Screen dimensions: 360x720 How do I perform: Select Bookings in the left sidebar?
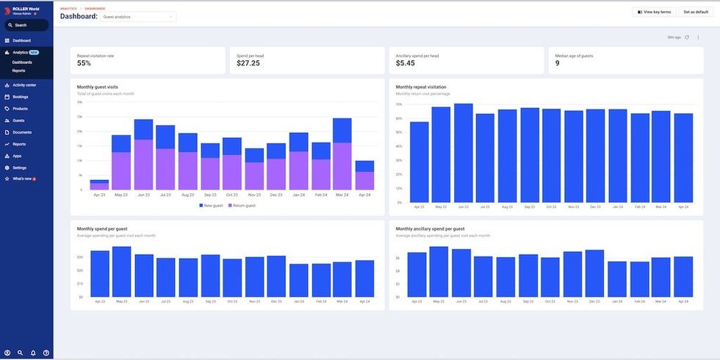click(20, 97)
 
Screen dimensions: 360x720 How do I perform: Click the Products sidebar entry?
click(20, 109)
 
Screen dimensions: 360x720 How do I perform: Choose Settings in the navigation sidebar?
click(19, 168)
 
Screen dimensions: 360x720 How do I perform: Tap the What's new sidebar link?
click(22, 179)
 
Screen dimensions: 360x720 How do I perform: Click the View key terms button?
click(654, 12)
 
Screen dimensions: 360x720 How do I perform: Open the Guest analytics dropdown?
click(138, 16)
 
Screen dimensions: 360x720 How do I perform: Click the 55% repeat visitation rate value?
click(84, 64)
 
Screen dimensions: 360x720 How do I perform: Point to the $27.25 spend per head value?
click(248, 64)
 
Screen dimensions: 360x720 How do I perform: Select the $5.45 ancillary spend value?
click(405, 64)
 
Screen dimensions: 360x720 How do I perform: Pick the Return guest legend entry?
click(242, 206)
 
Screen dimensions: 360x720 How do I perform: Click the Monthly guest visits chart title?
click(97, 87)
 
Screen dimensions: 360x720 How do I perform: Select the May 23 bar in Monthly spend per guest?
click(121, 272)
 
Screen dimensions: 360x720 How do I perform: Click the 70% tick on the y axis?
click(399, 104)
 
